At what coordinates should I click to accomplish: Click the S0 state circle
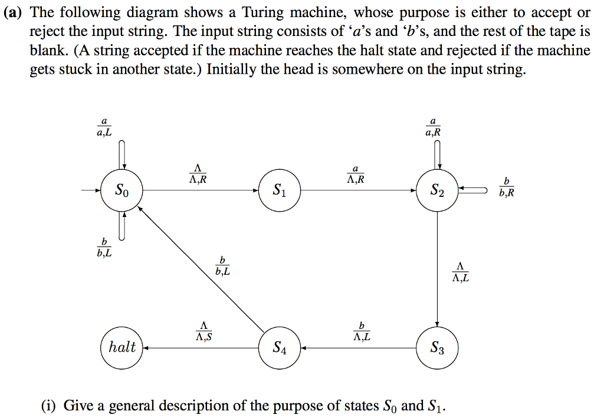point(121,190)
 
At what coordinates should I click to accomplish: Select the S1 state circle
point(280,190)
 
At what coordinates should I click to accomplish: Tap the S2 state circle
point(436,190)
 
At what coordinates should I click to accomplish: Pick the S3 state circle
point(436,348)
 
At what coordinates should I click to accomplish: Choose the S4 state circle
point(280,348)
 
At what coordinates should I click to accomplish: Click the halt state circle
point(123,347)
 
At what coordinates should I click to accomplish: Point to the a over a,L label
point(104,128)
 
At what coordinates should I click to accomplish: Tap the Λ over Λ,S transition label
point(203,331)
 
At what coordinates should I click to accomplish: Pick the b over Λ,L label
point(362,331)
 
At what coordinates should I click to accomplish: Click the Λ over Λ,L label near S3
point(461,272)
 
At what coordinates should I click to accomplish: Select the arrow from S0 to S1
point(201,190)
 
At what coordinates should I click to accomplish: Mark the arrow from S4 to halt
point(201,348)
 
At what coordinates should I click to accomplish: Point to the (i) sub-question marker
point(49,406)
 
